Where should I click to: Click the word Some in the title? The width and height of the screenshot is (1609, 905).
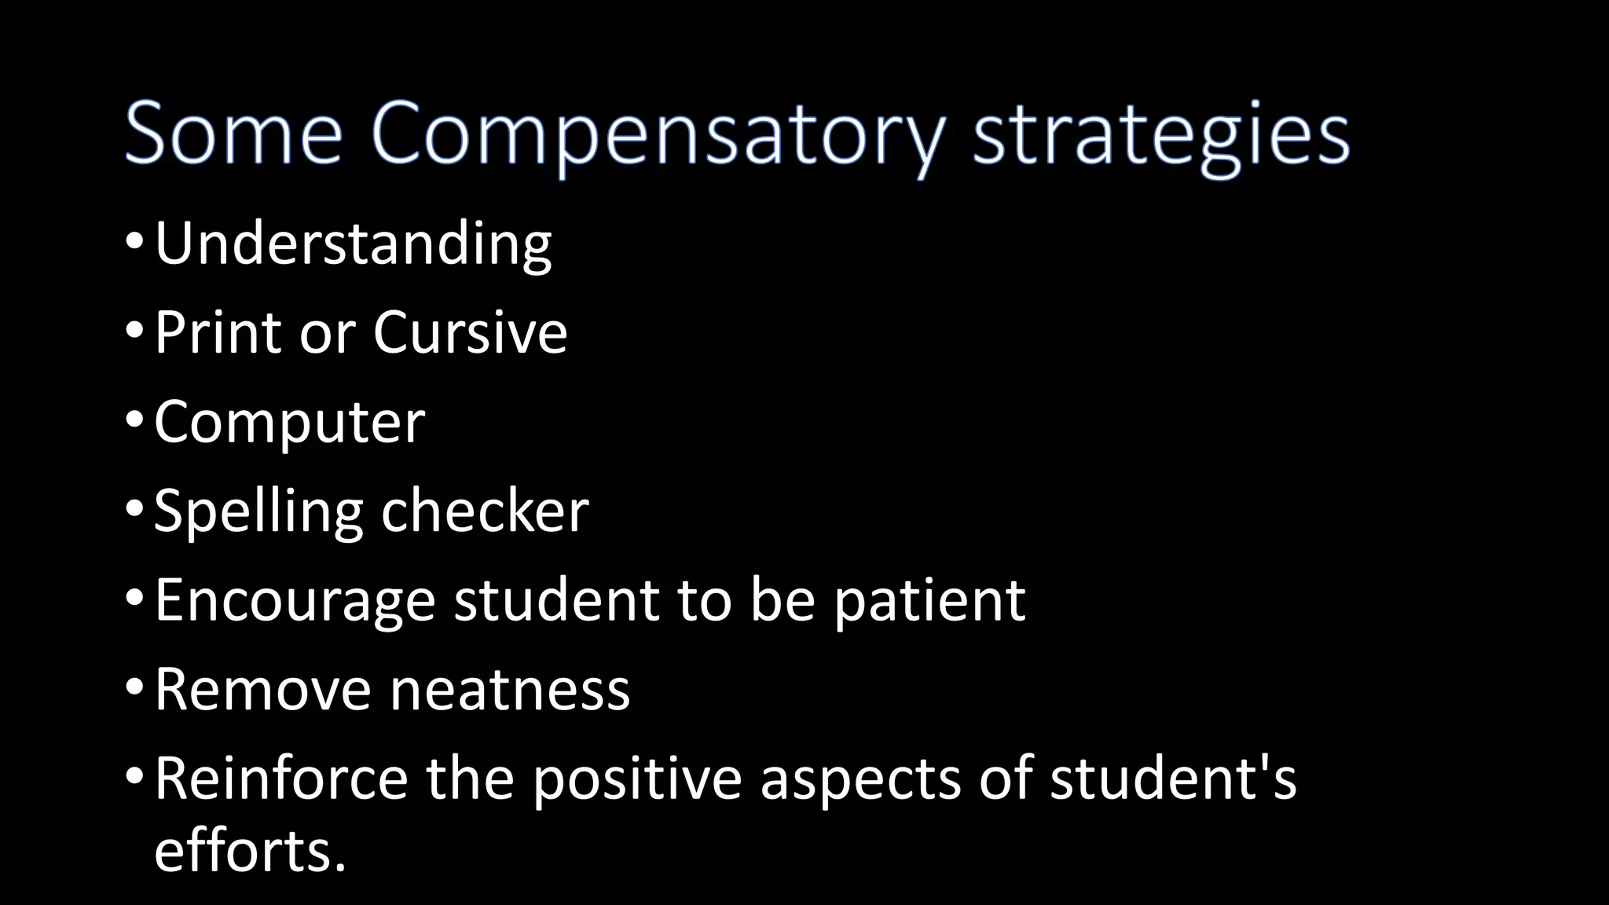pyautogui.click(x=233, y=133)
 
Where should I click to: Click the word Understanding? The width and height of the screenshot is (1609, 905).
pyautogui.click(x=353, y=244)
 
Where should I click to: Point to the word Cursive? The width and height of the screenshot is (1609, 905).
pyautogui.click(x=470, y=332)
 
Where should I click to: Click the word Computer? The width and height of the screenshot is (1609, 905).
pyautogui.click(x=289, y=423)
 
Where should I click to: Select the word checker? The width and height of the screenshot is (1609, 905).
pyautogui.click(x=485, y=511)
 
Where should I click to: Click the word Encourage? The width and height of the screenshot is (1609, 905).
pyautogui.click(x=295, y=600)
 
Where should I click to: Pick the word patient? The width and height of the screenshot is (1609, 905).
pyautogui.click(x=929, y=600)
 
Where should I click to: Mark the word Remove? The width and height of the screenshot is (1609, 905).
pyautogui.click(x=262, y=689)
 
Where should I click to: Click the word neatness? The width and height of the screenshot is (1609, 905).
pyautogui.click(x=510, y=689)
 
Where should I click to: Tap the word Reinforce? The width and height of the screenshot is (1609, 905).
pyautogui.click(x=280, y=778)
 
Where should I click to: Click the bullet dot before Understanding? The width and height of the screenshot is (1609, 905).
pyautogui.click(x=134, y=242)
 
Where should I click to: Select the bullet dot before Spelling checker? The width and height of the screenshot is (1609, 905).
pyautogui.click(x=134, y=509)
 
